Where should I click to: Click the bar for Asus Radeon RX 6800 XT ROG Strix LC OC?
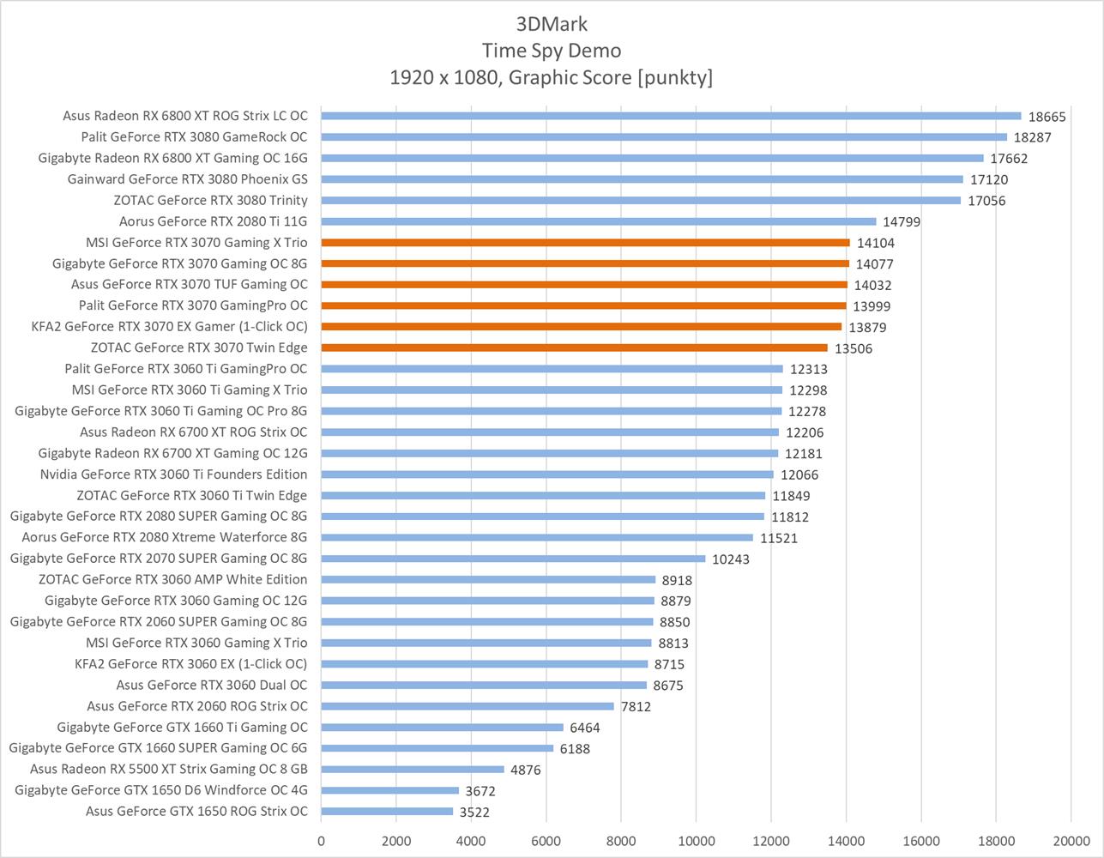[x=671, y=116]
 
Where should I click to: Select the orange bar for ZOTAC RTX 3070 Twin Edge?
[x=574, y=347]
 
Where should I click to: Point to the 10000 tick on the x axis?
[x=696, y=841]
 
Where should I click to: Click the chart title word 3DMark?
[x=552, y=23]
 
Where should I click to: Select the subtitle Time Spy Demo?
[x=552, y=50]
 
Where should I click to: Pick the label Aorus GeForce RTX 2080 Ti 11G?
[x=213, y=221]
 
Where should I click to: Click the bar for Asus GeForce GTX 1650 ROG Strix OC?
[x=387, y=811]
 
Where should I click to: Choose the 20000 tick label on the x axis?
[x=1070, y=841]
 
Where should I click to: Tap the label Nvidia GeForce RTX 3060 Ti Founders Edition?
[x=173, y=474]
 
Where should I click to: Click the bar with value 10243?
[x=513, y=559]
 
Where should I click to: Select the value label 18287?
[x=1032, y=137]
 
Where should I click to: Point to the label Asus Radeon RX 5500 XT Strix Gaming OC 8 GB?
[x=168, y=769]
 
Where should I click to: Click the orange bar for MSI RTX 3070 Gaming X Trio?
[x=585, y=243]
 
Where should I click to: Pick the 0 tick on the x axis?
[x=322, y=841]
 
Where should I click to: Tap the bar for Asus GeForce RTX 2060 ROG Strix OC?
[x=468, y=706]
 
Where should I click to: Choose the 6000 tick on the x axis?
[x=546, y=841]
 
